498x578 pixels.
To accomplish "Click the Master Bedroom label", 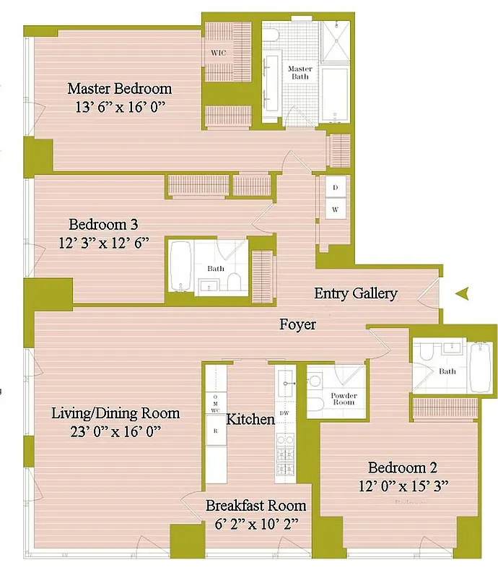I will click(x=119, y=89).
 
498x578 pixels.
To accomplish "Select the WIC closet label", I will click(x=219, y=53).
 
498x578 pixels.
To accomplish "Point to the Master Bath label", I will click(x=300, y=74).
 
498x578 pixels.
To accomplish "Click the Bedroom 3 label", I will click(x=103, y=223).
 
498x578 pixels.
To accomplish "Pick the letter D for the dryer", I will click(x=335, y=187).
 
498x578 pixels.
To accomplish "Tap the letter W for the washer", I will click(x=335, y=210).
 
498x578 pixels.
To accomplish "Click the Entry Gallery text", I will click(x=356, y=293).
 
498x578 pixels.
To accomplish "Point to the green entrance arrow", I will click(x=463, y=293).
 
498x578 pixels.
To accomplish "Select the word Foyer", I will click(x=297, y=325).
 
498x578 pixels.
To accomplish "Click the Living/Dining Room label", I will click(x=115, y=414).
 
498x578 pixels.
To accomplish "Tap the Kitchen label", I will click(x=250, y=420).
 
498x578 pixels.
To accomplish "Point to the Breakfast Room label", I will click(x=255, y=506).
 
